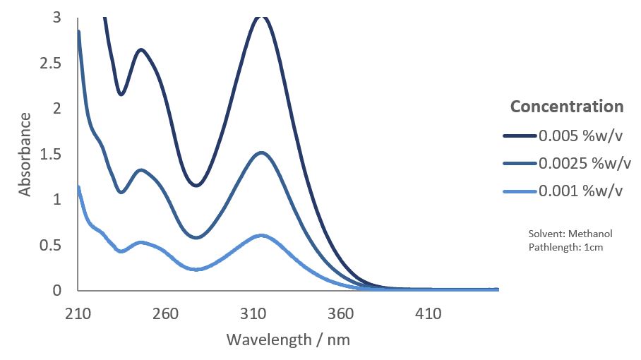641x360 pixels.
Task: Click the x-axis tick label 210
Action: click(x=78, y=313)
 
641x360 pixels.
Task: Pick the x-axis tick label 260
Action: click(x=165, y=313)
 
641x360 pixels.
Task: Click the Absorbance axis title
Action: click(x=25, y=154)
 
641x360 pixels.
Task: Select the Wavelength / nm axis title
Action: click(x=288, y=340)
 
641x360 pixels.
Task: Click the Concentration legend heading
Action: click(x=567, y=107)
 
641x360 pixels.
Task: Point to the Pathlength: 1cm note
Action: click(x=565, y=247)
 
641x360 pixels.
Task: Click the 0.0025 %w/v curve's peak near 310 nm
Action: click(x=261, y=152)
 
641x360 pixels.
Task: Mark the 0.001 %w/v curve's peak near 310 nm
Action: click(x=261, y=235)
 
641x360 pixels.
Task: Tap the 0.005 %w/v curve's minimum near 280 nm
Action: click(x=196, y=185)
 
